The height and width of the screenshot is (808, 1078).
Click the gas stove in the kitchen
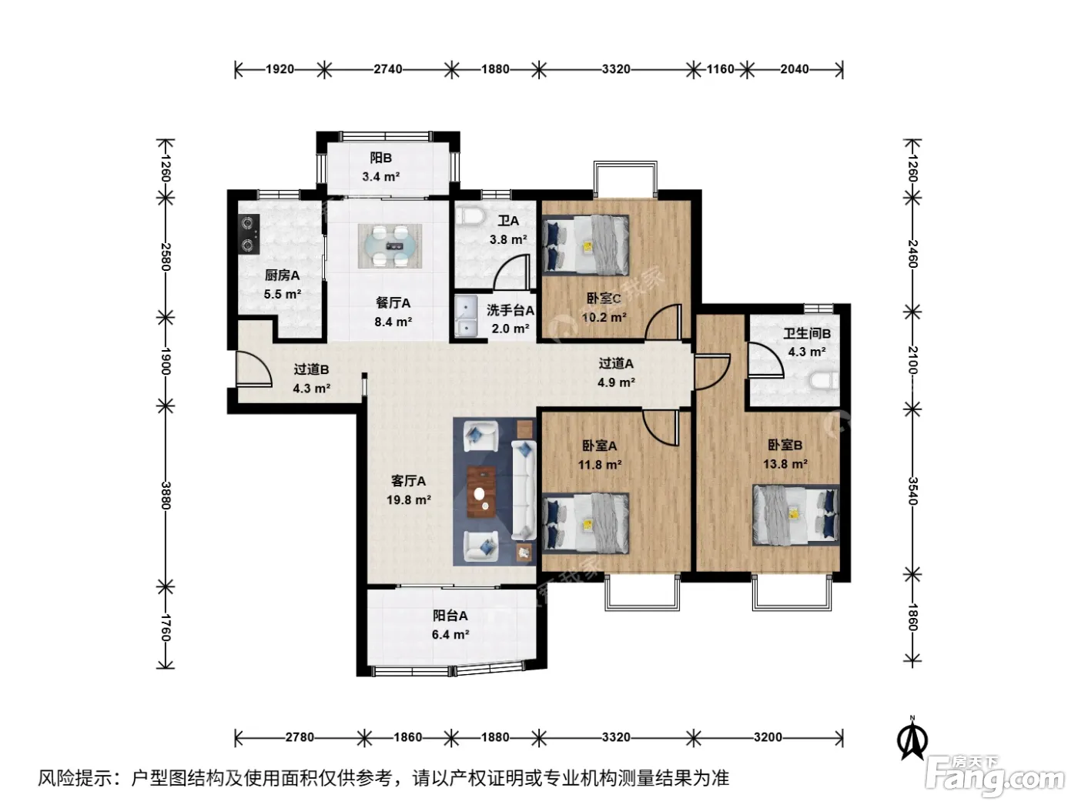(x=249, y=235)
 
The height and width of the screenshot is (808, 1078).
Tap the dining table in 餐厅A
(x=390, y=245)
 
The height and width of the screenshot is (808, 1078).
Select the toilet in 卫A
(x=470, y=216)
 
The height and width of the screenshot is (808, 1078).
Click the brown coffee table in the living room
(x=481, y=492)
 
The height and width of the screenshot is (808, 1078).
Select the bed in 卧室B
(x=795, y=515)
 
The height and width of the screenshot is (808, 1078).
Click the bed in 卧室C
(x=586, y=245)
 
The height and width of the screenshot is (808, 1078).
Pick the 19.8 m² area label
(x=409, y=500)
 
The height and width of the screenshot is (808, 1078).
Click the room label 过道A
(x=616, y=363)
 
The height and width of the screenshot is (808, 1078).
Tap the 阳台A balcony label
(x=450, y=616)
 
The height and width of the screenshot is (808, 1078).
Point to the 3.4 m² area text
(x=380, y=177)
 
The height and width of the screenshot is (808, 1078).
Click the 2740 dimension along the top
(x=388, y=69)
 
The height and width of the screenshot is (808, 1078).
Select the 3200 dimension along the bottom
(x=768, y=737)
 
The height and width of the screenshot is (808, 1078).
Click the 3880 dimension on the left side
(x=166, y=496)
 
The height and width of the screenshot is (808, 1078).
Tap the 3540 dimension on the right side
(x=912, y=491)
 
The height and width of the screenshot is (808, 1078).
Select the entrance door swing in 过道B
(x=253, y=369)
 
